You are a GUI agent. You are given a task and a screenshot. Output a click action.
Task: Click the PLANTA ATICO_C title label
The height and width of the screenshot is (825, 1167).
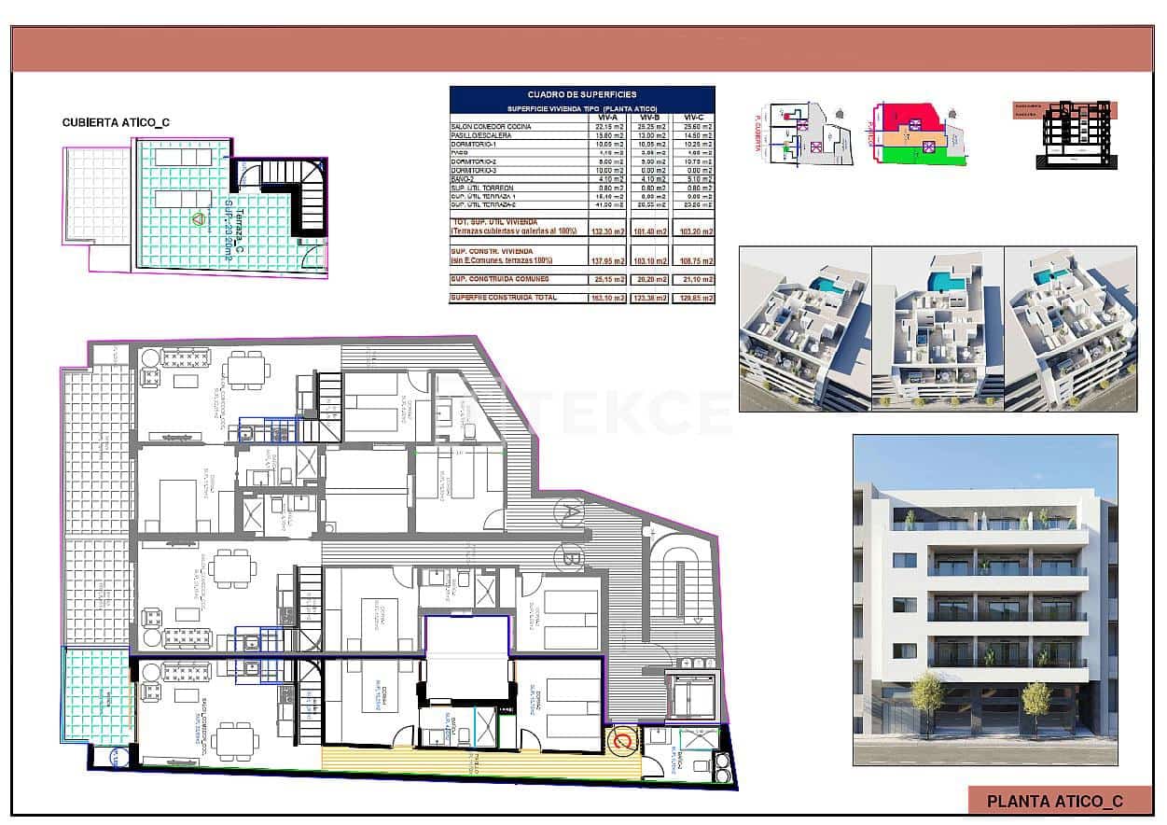(1054, 801)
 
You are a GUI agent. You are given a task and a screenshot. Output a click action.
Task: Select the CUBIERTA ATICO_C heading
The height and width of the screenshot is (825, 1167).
(116, 122)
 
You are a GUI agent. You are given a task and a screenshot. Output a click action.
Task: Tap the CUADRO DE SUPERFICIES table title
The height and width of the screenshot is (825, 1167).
(581, 94)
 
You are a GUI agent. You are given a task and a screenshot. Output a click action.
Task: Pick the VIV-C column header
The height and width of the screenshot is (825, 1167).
(693, 117)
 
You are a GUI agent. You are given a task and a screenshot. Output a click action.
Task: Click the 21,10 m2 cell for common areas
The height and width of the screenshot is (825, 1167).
(693, 279)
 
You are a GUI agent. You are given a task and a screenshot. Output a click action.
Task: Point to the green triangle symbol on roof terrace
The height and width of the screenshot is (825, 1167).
(198, 219)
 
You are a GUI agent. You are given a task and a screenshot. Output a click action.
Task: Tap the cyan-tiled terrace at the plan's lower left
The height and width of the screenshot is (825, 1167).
(96, 695)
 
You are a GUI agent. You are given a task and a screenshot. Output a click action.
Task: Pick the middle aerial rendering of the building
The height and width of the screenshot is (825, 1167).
(937, 329)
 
